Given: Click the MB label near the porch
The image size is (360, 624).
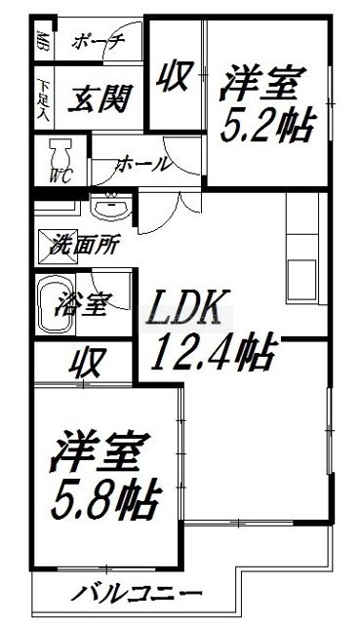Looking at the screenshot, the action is point(41,40).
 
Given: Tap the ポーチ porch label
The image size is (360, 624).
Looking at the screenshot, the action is point(98,41).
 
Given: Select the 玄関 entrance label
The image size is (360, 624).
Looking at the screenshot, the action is point(100,98).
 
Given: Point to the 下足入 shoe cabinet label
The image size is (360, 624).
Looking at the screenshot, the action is point(43,99).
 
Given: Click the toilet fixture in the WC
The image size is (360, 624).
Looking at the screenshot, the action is point(59,156).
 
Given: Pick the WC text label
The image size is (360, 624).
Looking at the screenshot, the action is point(60,175).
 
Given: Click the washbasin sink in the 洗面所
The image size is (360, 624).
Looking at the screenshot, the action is point(111,207).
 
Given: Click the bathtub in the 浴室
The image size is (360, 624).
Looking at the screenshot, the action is point(56,304).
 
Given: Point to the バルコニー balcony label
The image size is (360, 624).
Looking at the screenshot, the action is point(136,594).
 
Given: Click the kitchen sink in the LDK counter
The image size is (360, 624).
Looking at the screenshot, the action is point(301,278).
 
